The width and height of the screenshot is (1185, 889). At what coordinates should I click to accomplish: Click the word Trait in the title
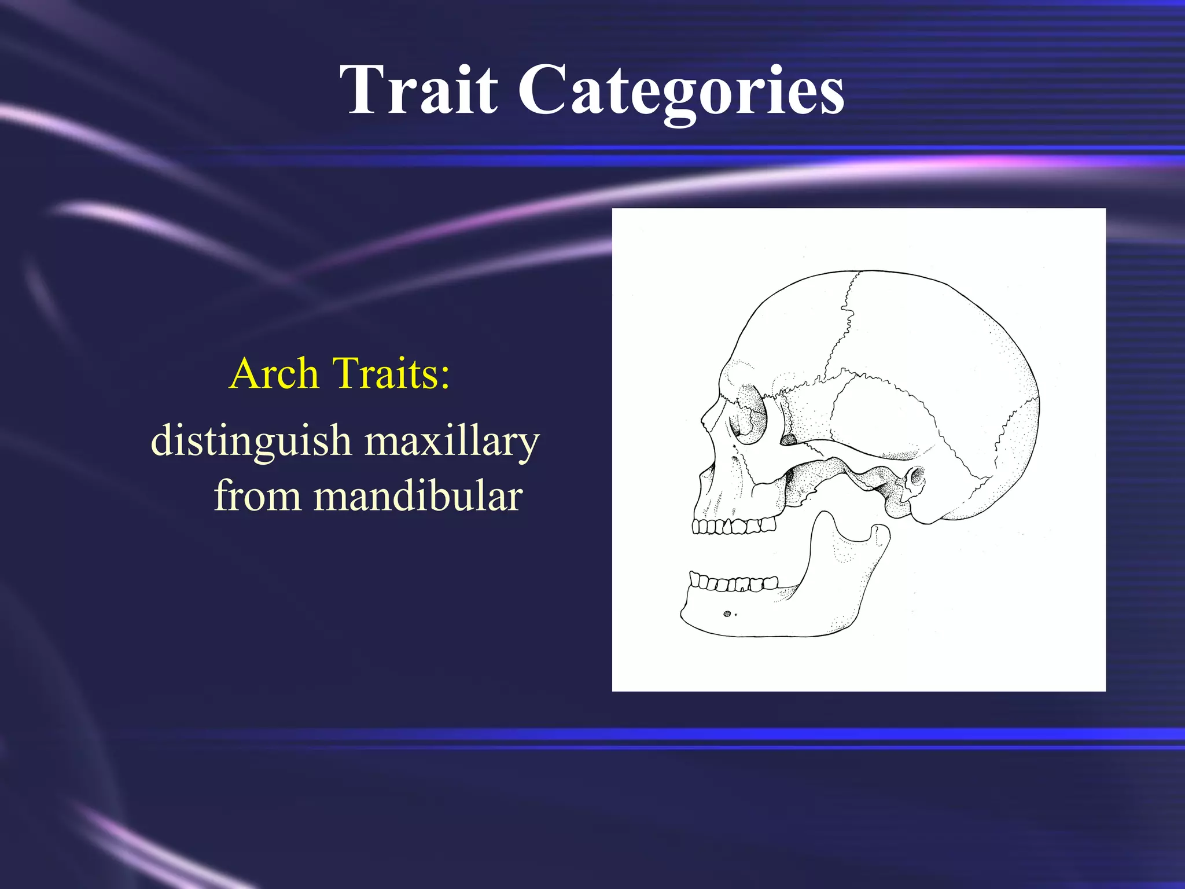click(418, 90)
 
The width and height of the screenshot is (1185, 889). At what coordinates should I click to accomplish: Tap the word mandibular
click(418, 496)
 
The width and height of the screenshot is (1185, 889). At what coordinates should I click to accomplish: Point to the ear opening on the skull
click(915, 477)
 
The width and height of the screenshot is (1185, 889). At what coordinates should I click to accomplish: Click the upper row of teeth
click(734, 526)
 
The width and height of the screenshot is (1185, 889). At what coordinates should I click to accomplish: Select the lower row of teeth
click(734, 582)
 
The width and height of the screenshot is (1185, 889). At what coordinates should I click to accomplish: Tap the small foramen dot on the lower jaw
click(727, 614)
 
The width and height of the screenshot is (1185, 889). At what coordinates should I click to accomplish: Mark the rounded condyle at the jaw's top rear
click(879, 531)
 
